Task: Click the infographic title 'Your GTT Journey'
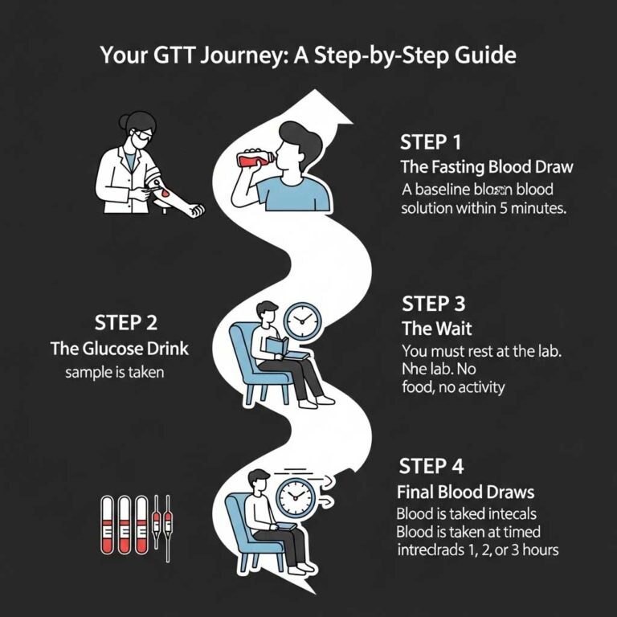click(308, 56)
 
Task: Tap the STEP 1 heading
click(431, 143)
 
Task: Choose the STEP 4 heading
click(430, 467)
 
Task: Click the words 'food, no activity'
click(452, 388)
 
